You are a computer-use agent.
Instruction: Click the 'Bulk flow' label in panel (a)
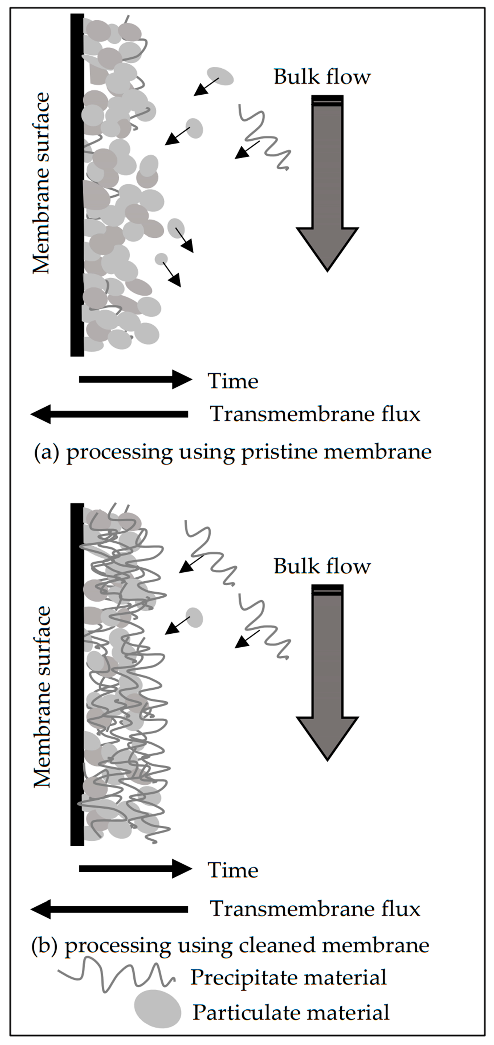tap(322, 77)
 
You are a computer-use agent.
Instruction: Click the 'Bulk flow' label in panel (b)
tap(322, 566)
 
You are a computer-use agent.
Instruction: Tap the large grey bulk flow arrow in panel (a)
tap(327, 183)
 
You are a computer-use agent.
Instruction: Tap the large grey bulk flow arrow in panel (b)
tap(327, 671)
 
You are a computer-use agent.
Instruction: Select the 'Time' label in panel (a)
tap(232, 381)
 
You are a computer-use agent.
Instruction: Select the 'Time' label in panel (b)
tap(232, 870)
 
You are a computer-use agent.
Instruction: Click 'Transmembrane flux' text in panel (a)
tap(315, 414)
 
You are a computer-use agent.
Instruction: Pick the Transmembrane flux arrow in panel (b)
tap(110, 909)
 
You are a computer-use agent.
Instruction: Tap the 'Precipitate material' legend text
tap(288, 977)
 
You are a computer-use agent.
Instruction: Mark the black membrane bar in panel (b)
tap(77, 673)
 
